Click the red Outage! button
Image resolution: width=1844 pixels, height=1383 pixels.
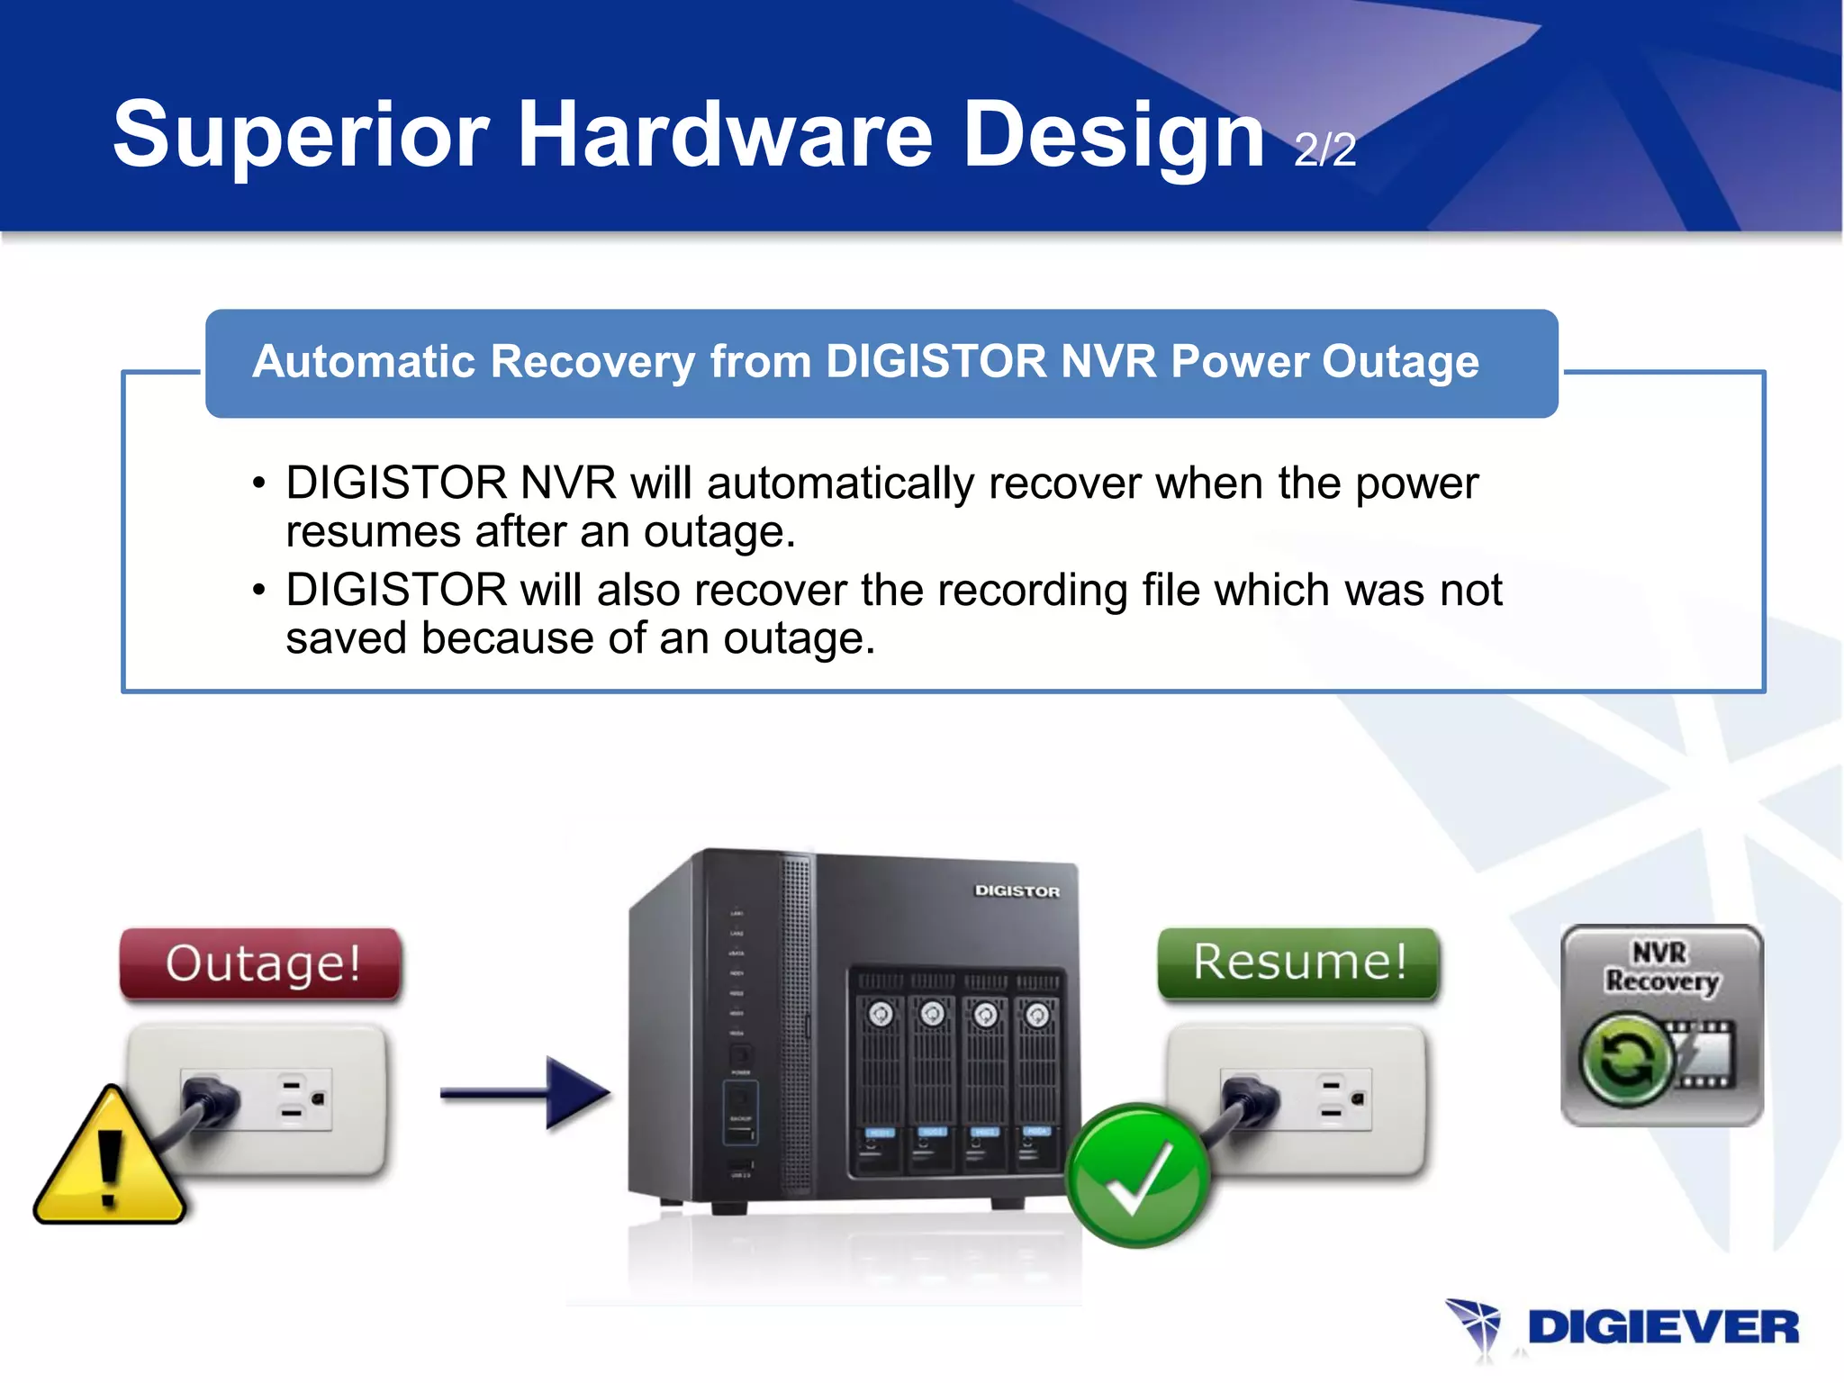tap(261, 963)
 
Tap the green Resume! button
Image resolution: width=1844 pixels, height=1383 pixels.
tap(1299, 963)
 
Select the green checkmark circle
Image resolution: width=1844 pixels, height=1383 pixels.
tap(1137, 1176)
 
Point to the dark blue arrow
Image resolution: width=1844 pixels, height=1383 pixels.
tap(527, 1093)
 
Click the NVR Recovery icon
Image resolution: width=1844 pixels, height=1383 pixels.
tap(1661, 1026)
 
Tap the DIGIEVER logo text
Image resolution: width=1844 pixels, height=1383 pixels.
tap(1663, 1328)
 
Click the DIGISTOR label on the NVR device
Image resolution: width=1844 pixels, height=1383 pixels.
tap(1017, 890)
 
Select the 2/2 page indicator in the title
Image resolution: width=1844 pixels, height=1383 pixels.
tap(1324, 149)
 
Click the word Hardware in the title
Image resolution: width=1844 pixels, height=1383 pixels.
tap(725, 135)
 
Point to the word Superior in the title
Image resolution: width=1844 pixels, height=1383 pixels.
tap(301, 135)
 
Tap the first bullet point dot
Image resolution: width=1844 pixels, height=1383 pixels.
tap(259, 484)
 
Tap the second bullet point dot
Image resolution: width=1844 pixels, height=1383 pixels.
tap(259, 591)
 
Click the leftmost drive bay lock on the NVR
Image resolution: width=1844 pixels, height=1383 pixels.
tap(880, 1015)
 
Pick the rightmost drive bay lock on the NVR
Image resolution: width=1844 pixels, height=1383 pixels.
tap(1037, 1015)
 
